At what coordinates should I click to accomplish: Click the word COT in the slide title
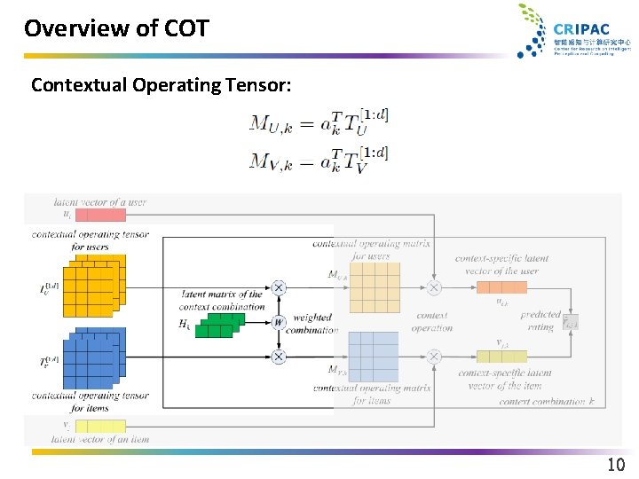pyautogui.click(x=186, y=28)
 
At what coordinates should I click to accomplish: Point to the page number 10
pyautogui.click(x=616, y=465)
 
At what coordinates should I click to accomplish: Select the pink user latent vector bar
pyautogui.click(x=100, y=215)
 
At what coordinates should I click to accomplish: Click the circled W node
pyautogui.click(x=279, y=322)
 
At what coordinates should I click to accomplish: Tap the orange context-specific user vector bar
pyautogui.click(x=501, y=287)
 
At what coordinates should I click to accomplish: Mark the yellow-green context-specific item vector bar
pyautogui.click(x=501, y=356)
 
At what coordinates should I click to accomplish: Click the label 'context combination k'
pyautogui.click(x=547, y=402)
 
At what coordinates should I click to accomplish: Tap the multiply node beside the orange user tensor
pyautogui.click(x=279, y=287)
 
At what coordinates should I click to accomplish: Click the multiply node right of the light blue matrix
pyautogui.click(x=434, y=356)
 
